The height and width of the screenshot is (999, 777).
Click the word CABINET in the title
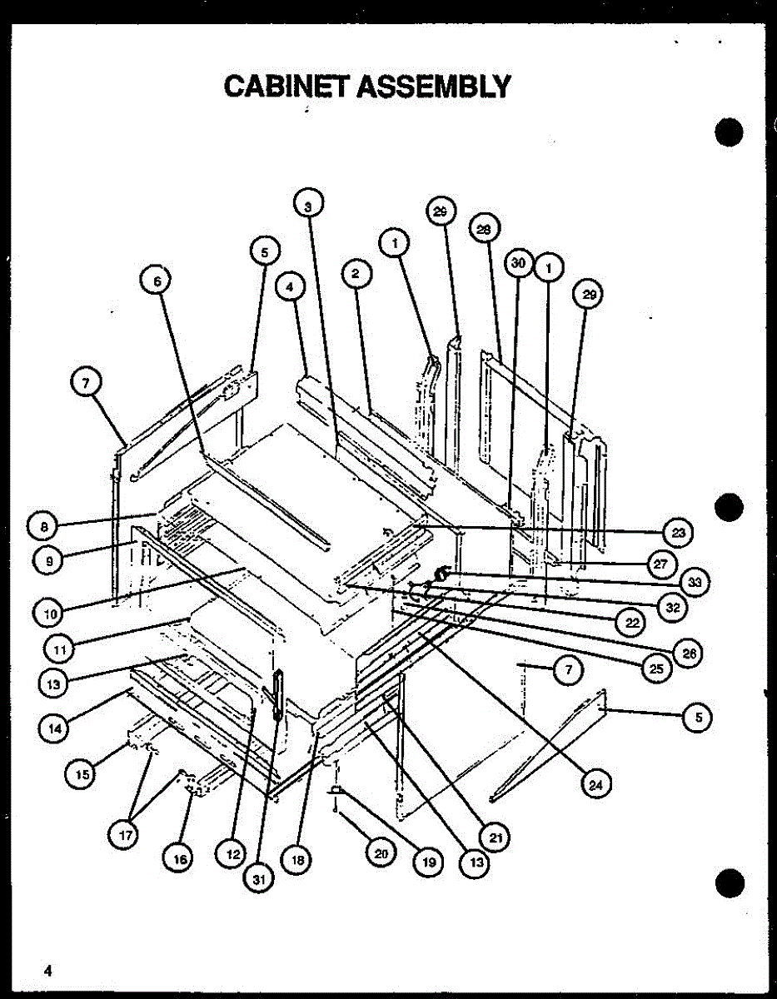click(x=286, y=86)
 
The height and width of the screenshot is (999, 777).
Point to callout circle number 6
click(x=156, y=281)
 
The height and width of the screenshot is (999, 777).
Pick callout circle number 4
click(x=289, y=287)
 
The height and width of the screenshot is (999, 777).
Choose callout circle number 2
click(x=355, y=272)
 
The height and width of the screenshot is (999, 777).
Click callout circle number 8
click(x=42, y=526)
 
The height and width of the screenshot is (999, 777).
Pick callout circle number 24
click(x=595, y=784)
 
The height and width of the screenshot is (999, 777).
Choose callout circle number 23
click(x=678, y=532)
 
